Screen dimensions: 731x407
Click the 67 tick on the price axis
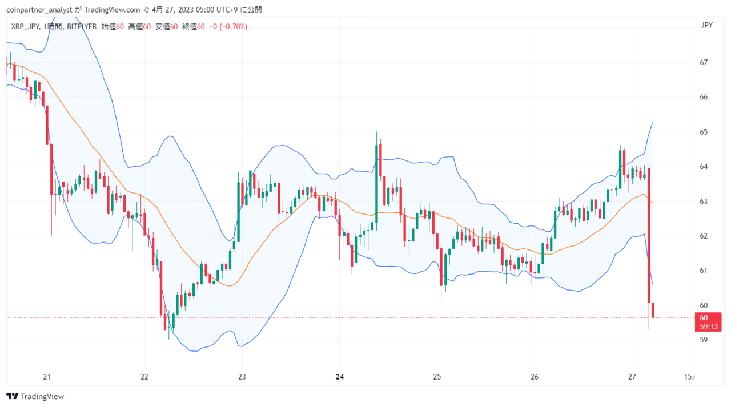[x=704, y=62]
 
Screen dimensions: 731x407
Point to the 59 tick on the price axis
[x=704, y=340]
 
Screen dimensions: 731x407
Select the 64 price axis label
[x=704, y=167]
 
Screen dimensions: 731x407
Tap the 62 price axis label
[x=704, y=236]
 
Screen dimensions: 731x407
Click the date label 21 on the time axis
[x=47, y=377]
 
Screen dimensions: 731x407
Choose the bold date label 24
[x=340, y=377]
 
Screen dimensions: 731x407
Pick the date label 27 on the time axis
[x=632, y=377]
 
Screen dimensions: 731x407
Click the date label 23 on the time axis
[x=242, y=377]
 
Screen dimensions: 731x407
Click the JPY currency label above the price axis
[x=706, y=25]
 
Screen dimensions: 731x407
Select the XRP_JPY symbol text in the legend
[x=25, y=26]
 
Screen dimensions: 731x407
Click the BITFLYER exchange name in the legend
[x=82, y=26]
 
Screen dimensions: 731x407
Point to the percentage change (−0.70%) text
[x=234, y=26]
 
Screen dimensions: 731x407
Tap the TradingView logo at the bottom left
[x=35, y=396]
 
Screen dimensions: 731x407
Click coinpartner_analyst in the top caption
[x=39, y=10]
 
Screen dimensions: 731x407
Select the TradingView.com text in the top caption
[x=112, y=10]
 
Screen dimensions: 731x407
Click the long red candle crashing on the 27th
[x=649, y=235]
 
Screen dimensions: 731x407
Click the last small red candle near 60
[x=653, y=310]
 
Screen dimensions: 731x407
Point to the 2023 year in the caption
[x=186, y=10]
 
